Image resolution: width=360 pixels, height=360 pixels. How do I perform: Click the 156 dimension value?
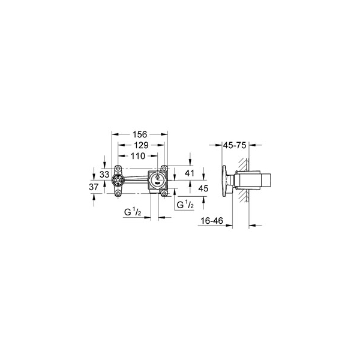pyautogui.click(x=140, y=134)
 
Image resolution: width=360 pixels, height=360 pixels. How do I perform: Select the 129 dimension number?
pyautogui.click(x=141, y=145)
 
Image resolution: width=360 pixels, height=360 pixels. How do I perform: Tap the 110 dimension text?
pyautogui.click(x=138, y=156)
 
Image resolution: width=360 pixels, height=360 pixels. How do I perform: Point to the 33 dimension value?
pyautogui.click(x=104, y=175)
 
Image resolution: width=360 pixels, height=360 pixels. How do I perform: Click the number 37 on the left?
pyautogui.click(x=94, y=187)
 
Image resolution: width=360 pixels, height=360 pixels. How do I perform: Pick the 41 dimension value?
pyautogui.click(x=190, y=173)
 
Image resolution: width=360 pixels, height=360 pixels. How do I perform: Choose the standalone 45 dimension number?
pyautogui.click(x=203, y=188)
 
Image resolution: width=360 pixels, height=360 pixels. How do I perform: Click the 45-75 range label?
pyautogui.click(x=235, y=145)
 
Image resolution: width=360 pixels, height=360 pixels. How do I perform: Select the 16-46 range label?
pyautogui.click(x=212, y=221)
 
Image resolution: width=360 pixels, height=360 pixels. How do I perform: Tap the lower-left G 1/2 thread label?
pyautogui.click(x=133, y=212)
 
